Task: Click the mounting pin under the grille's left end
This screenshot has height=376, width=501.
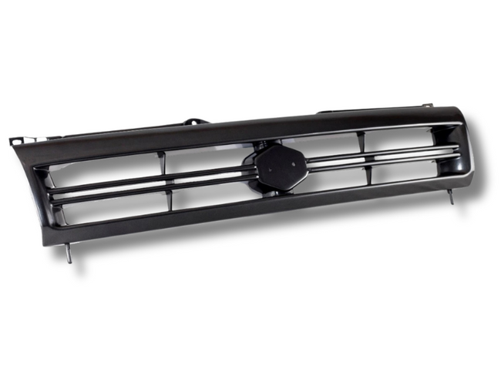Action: click(x=68, y=253)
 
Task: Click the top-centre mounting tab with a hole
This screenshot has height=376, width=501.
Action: click(x=193, y=122)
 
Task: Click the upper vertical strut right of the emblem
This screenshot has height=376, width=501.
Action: click(x=360, y=142)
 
